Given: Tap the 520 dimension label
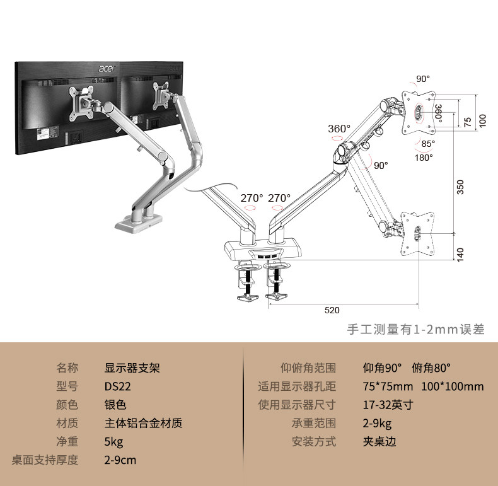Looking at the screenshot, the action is [332, 310].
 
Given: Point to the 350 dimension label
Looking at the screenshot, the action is [460, 187].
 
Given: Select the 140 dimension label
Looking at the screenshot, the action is [460, 254].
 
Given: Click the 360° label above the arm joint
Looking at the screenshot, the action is [339, 129].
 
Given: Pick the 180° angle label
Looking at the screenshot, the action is [424, 158].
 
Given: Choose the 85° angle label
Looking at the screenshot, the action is [429, 143].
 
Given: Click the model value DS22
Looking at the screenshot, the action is [118, 386].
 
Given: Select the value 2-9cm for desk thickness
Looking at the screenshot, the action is [120, 460].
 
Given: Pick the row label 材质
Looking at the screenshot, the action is [67, 423].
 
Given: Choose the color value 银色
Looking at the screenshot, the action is [115, 405].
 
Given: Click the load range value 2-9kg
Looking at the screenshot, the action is [377, 423].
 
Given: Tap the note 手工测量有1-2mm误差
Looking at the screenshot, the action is [416, 330].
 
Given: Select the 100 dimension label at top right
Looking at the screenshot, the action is [483, 120].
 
